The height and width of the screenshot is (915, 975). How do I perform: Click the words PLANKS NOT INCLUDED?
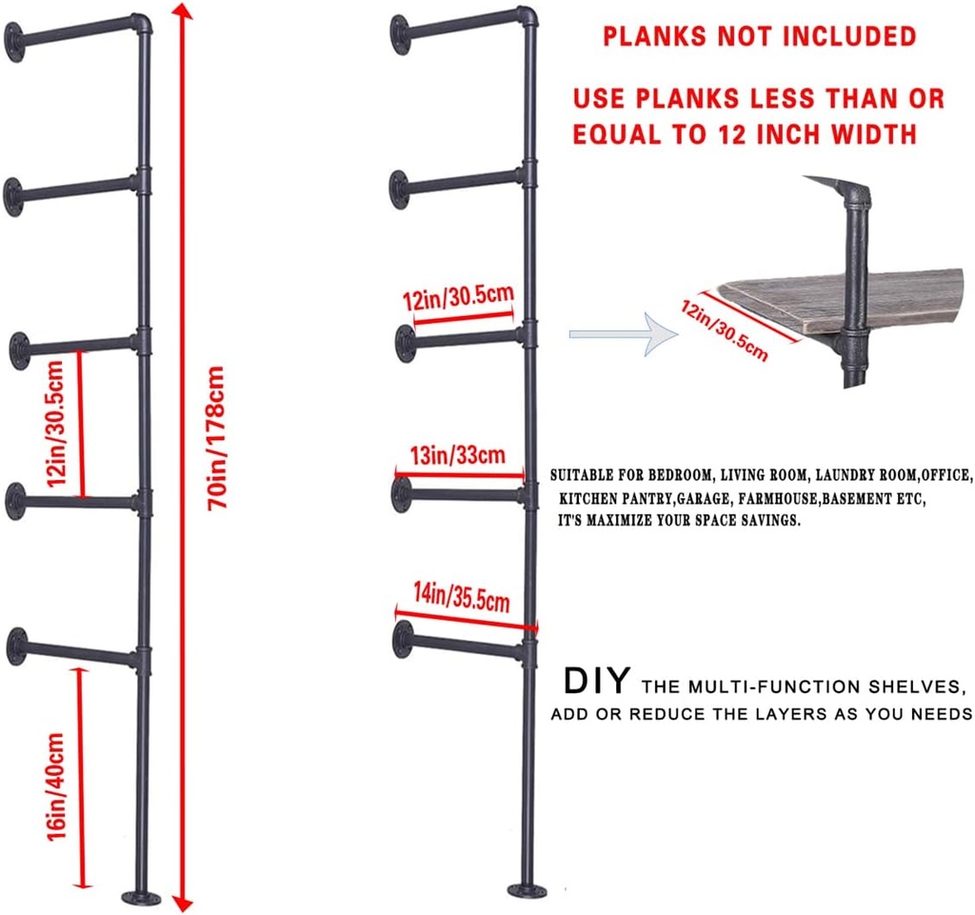758,37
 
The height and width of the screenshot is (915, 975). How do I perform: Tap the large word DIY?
596,682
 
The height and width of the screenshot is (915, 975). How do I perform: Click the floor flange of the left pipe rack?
142,896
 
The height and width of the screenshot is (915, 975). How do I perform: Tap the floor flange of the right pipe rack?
527,891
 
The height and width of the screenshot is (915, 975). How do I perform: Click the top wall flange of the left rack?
14,41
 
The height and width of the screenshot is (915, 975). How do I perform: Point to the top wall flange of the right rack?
400,34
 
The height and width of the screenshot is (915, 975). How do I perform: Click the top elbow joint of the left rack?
141,23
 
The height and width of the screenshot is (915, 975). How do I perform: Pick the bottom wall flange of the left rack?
16,646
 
